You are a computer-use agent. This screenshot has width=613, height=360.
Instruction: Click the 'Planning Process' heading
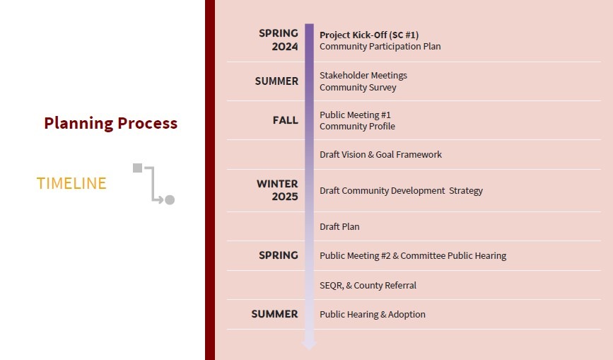click(110, 123)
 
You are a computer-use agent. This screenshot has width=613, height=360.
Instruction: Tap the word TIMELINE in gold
click(71, 183)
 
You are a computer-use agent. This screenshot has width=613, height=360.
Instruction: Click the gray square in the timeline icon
click(137, 168)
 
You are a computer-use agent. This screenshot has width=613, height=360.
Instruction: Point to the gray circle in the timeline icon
click(170, 199)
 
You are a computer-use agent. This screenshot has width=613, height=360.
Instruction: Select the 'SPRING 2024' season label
click(279, 40)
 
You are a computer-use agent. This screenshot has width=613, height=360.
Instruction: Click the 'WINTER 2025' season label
click(277, 190)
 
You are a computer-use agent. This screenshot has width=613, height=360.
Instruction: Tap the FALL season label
click(286, 120)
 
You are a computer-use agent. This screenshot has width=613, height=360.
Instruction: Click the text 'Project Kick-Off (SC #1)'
click(369, 35)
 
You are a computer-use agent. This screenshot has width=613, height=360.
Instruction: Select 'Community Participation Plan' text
click(380, 47)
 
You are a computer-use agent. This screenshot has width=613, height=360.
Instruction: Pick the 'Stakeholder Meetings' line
click(363, 75)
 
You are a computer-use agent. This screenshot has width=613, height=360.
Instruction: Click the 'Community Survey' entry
click(358, 87)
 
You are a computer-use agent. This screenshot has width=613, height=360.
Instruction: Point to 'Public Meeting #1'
click(355, 115)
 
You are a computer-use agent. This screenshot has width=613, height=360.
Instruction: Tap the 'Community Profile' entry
click(357, 127)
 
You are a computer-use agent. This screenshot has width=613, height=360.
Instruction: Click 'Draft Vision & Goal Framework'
click(381, 154)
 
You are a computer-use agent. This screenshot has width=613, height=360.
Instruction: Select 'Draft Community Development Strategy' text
click(401, 191)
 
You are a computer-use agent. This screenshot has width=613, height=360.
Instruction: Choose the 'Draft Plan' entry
click(339, 227)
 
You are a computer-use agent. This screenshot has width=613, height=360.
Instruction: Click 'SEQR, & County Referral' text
click(368, 285)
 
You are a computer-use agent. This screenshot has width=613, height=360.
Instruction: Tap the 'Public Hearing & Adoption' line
click(373, 314)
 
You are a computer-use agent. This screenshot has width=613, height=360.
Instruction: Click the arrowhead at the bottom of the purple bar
click(309, 344)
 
